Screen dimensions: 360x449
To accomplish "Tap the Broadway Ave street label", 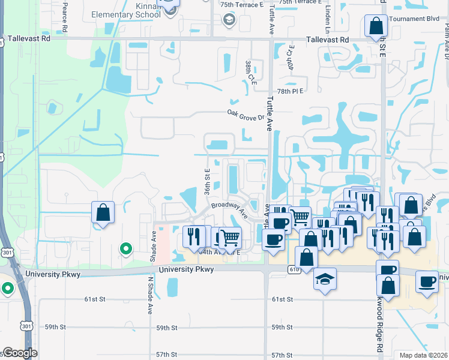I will tap(229, 209).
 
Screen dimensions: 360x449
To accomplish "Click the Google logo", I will tap(20, 353).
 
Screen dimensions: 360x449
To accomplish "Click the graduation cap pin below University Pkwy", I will tap(325, 278).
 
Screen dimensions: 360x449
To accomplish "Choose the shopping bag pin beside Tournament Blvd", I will tap(375, 26).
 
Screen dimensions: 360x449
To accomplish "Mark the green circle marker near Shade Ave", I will tap(126, 248).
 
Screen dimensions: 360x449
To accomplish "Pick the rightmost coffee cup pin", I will tap(427, 281).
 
